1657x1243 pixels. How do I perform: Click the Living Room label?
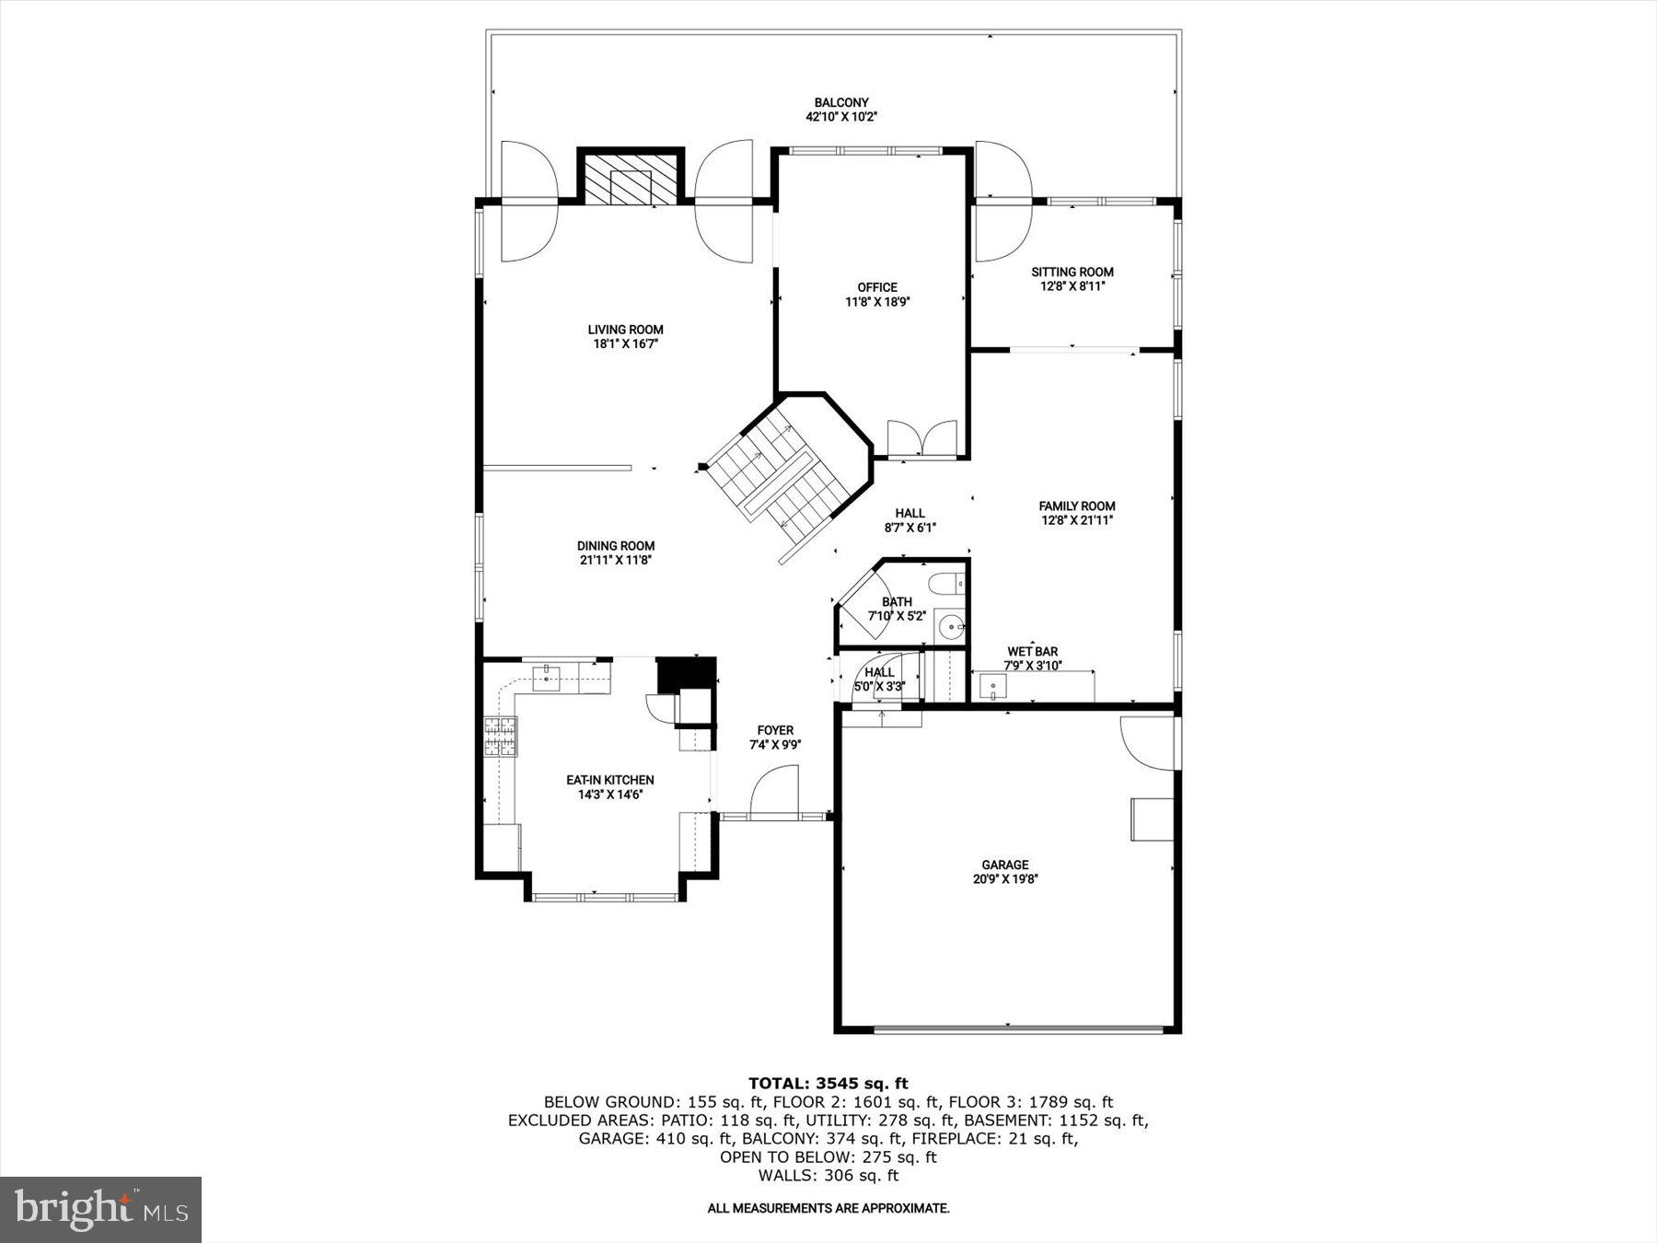pos(625,330)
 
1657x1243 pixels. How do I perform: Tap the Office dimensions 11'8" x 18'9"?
pos(877,302)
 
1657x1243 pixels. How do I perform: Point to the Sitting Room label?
pos(1072,272)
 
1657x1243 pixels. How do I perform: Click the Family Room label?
pos(1076,505)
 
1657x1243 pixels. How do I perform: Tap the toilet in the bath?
pos(946,585)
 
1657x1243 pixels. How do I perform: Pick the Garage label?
pos(1004,865)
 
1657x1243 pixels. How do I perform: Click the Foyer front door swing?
pos(774,794)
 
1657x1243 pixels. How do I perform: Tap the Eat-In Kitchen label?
pos(609,780)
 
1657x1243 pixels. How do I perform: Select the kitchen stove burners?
pos(500,736)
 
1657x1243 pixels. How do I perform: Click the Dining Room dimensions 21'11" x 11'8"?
pos(616,560)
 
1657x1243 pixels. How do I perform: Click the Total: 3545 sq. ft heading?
pos(828,1083)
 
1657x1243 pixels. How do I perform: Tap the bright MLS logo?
pos(100,1209)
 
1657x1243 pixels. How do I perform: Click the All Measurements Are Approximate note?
pos(828,1208)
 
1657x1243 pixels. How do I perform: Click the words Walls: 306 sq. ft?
pos(828,1176)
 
